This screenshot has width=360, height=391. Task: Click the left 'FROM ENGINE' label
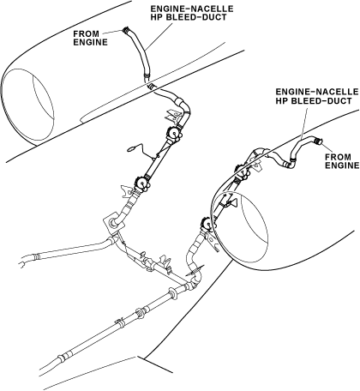[90, 38]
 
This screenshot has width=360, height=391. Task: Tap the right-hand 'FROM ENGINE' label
[342, 161]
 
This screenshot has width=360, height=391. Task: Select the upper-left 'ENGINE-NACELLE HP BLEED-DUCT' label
[192, 13]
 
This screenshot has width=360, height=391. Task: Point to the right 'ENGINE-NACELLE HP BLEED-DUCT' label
[316, 96]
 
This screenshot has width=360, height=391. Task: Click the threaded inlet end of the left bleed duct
[125, 30]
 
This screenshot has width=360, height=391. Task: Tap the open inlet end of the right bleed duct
[317, 141]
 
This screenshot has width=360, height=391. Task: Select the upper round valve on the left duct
[173, 133]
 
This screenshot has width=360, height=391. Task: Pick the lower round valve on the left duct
[141, 183]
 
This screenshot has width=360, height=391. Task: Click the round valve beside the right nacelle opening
[207, 225]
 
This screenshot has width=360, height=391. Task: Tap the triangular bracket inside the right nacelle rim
[234, 203]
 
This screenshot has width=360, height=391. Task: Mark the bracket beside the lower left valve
[126, 191]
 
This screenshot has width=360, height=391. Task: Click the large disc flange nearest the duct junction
[172, 294]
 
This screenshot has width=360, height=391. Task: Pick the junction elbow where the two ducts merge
[192, 284]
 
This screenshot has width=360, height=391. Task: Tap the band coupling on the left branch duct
[36, 256]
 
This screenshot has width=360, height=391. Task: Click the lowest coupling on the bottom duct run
[62, 358]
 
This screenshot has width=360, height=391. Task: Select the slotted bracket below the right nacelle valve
[213, 243]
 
